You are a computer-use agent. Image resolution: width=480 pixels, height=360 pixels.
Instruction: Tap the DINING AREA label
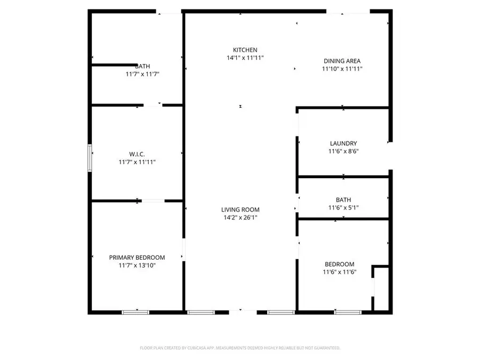pos(342,61)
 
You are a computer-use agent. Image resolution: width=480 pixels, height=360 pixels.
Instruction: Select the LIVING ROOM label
pos(241,210)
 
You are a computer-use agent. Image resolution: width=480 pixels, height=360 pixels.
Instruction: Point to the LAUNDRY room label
pos(343,143)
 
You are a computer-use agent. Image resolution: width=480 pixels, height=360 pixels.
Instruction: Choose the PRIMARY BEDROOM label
pos(137,257)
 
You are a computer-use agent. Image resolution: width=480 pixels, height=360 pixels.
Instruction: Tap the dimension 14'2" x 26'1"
pos(241,218)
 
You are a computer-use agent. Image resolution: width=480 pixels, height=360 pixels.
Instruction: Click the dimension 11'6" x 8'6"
pos(343,151)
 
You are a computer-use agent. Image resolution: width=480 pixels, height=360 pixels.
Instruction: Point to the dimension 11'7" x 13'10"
pos(137,265)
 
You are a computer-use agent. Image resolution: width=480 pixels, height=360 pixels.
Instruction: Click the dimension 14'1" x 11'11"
pos(245,58)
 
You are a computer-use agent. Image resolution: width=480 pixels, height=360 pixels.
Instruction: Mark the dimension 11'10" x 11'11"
pos(342,69)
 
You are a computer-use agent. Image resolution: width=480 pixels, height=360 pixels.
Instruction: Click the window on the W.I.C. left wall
pos(90,158)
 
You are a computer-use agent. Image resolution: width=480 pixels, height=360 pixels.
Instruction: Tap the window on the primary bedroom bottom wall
pos(136,312)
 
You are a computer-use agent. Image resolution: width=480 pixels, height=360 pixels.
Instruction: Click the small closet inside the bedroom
pos(381,288)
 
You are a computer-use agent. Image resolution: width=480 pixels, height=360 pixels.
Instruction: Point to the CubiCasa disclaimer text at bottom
pos(240,348)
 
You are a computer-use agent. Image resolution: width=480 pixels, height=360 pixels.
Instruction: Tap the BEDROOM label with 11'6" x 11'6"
pos(340,264)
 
